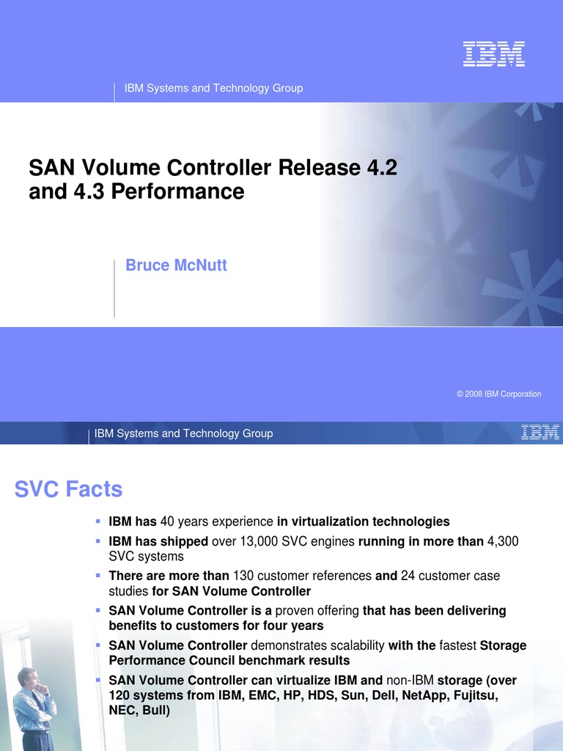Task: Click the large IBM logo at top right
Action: (493, 54)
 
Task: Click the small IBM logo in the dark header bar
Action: (540, 433)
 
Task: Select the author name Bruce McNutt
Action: (176, 265)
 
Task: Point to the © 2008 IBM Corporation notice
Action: (498, 394)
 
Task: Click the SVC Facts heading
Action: (68, 489)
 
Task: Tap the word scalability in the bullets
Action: (348, 645)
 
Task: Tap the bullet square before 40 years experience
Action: (97, 521)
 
